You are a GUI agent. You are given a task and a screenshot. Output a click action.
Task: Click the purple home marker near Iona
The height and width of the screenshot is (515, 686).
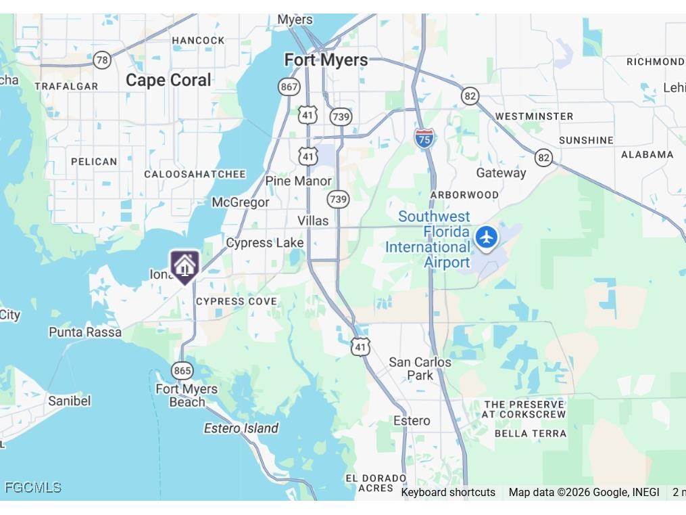(185, 265)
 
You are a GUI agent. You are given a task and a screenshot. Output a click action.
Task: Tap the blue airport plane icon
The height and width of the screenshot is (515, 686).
(486, 238)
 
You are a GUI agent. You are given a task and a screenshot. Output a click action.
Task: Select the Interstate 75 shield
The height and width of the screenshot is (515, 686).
(424, 139)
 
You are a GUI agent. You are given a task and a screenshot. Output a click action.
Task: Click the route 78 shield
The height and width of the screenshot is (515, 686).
(102, 60)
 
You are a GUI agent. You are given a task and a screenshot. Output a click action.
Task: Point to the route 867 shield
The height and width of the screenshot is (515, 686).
(289, 87)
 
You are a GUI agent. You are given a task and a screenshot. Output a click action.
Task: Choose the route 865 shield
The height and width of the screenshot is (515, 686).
(182, 370)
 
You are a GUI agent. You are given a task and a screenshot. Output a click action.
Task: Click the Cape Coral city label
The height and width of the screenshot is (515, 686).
(168, 80)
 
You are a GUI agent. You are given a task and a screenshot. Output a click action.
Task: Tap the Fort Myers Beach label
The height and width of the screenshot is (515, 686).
(187, 395)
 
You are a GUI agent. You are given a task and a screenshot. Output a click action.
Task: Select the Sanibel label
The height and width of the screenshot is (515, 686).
(69, 401)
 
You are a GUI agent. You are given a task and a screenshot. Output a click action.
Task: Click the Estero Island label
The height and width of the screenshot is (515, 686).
(241, 428)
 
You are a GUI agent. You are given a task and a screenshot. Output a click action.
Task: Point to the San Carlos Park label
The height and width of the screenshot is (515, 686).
(420, 369)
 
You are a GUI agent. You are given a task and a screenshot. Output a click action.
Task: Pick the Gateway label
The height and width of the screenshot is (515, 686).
(501, 173)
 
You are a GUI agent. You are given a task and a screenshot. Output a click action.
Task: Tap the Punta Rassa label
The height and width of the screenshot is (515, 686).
(85, 332)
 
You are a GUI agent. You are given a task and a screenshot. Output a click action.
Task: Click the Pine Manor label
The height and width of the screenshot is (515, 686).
(298, 181)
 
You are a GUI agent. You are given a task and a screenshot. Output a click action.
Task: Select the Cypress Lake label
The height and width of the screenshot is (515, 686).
(265, 242)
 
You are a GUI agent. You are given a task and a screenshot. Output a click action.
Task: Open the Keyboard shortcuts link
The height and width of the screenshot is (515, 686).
(448, 492)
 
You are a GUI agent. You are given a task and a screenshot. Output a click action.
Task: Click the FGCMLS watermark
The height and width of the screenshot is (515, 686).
(33, 487)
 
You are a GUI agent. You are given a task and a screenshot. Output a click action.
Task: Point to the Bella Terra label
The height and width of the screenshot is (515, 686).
(530, 433)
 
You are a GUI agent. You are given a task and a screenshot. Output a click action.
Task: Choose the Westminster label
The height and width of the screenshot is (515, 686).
(534, 116)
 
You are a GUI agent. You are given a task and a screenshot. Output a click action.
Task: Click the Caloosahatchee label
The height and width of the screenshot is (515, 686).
(195, 174)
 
